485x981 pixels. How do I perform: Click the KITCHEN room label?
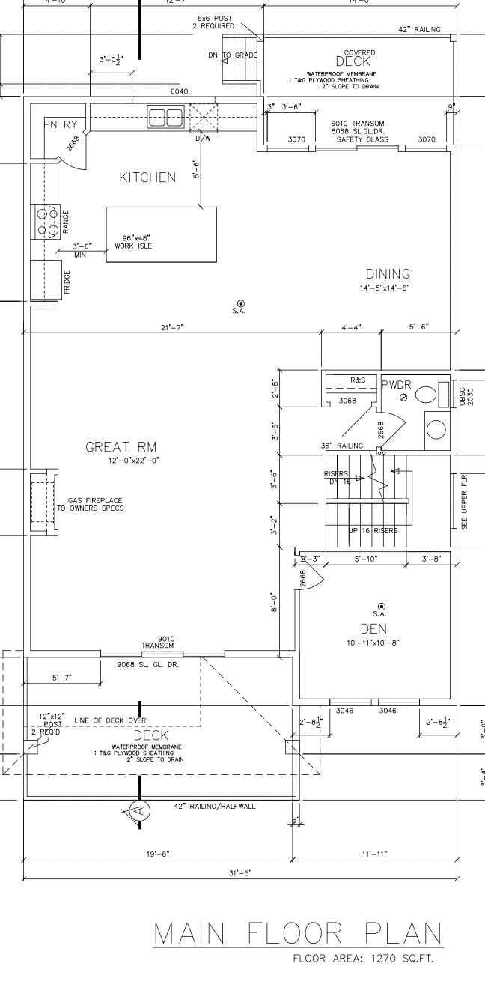point(147,177)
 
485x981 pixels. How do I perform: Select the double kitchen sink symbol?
point(166,117)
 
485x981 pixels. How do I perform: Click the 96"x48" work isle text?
point(132,242)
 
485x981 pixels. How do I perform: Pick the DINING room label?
point(388,274)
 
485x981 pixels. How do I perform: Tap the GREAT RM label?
point(121,447)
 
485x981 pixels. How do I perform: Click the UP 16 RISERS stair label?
point(373,531)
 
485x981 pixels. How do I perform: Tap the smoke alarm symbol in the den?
point(381,606)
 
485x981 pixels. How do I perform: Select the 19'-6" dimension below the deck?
point(157,854)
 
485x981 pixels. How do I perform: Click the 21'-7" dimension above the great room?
point(172,327)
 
